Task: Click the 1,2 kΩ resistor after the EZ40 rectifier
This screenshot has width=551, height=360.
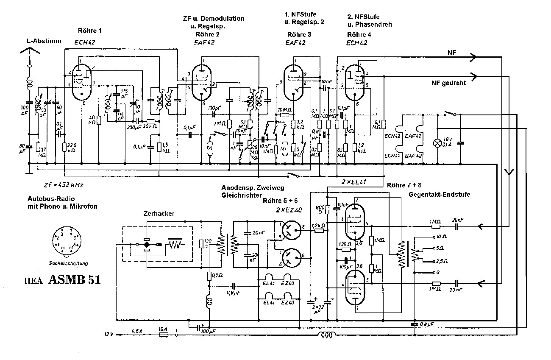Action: click(318, 231)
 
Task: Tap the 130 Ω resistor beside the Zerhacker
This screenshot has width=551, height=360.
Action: click(202, 244)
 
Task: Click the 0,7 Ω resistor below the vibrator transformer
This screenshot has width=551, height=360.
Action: click(209, 276)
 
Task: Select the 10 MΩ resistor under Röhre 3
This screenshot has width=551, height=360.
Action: click(284, 115)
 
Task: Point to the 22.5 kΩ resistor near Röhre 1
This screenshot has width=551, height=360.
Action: click(64, 148)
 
